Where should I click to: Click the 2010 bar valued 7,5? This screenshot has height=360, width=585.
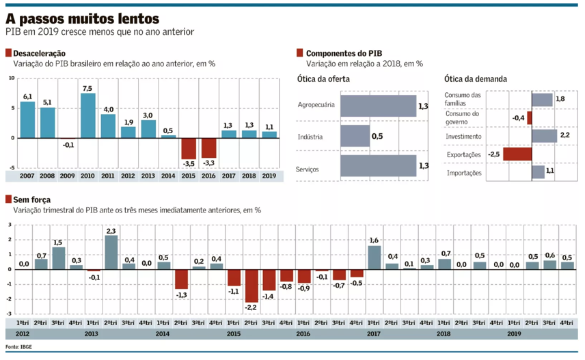pos(87,115)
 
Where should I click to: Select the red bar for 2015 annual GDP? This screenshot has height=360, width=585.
pos(189,148)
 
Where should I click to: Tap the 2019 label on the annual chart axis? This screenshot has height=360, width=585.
pos(269,176)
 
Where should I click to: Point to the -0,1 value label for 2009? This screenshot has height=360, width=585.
pos(68,144)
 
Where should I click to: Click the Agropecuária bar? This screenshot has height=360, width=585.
pos(378,106)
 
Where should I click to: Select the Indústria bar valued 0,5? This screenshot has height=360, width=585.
pos(355,137)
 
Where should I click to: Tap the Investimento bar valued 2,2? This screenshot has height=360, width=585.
pos(544,136)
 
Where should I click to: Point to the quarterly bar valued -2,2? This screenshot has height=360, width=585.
pos(251,286)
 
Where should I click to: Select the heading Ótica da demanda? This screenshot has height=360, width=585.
pos(475,79)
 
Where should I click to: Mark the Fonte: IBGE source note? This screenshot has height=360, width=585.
pos(19,346)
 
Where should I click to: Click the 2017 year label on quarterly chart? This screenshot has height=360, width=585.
pos(373,334)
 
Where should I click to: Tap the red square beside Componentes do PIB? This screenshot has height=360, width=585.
pos(299,53)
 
